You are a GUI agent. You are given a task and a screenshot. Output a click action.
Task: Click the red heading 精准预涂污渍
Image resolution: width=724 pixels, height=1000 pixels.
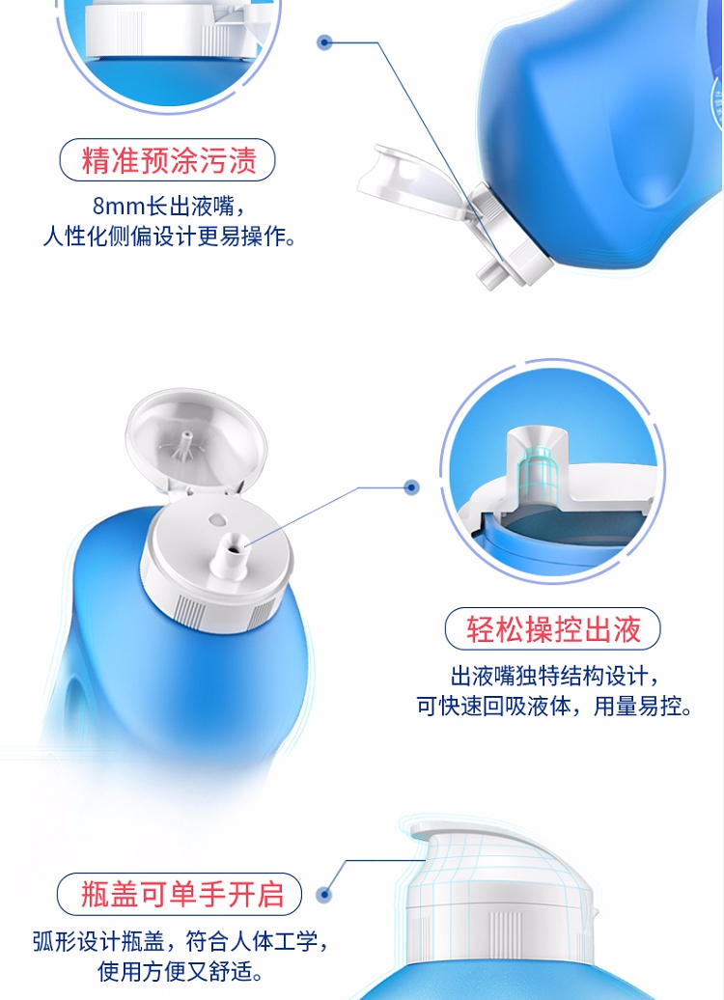click(x=168, y=160)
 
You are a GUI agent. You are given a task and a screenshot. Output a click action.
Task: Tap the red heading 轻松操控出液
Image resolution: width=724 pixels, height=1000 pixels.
click(x=552, y=628)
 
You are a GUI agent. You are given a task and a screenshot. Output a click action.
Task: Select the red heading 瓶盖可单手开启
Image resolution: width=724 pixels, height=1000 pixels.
click(x=181, y=894)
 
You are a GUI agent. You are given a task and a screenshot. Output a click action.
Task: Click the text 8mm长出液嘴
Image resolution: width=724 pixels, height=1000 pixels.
click(x=170, y=206)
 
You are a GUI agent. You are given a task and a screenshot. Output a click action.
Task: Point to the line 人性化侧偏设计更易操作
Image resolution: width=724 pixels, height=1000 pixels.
click(x=170, y=236)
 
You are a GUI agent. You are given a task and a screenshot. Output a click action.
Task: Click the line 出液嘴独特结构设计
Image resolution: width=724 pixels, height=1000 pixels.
click(x=554, y=676)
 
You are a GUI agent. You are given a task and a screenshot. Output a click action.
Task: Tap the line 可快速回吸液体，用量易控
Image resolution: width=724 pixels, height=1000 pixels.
click(x=554, y=706)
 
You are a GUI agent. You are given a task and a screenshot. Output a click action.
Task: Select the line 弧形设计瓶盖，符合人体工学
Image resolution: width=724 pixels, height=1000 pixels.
click(x=181, y=941)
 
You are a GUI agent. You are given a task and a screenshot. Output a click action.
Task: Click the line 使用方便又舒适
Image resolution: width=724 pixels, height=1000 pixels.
click(x=181, y=971)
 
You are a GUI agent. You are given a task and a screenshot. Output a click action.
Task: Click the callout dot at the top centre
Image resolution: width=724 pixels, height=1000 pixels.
click(x=324, y=42)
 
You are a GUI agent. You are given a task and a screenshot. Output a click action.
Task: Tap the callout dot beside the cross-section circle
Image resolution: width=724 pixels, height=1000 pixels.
click(x=412, y=487)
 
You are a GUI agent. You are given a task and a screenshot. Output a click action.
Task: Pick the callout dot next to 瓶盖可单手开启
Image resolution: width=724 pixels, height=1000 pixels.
click(x=324, y=894)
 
